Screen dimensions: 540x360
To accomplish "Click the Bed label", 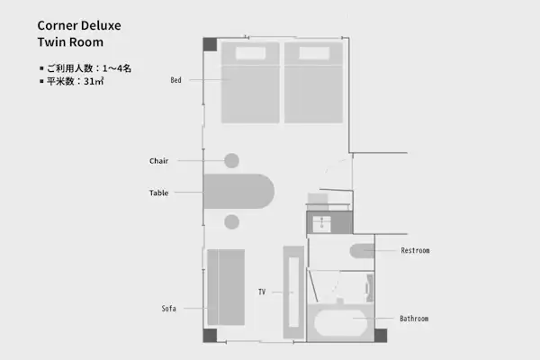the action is pyautogui.click(x=175, y=80).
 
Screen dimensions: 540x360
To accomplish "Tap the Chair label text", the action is pyautogui.click(x=158, y=161).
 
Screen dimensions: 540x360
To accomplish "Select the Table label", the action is pyautogui.click(x=158, y=193).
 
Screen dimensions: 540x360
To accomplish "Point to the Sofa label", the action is pyautogui.click(x=169, y=309).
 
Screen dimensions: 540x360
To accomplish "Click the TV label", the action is pyautogui.click(x=262, y=292).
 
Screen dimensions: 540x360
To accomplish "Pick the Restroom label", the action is pyautogui.click(x=415, y=250).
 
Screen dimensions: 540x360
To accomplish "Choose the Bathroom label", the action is pyautogui.click(x=414, y=319).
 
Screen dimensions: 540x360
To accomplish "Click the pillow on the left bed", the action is pyautogui.click(x=250, y=53).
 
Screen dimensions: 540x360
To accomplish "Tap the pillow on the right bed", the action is pyautogui.click(x=314, y=53).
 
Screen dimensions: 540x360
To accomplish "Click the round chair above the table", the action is pyautogui.click(x=232, y=160).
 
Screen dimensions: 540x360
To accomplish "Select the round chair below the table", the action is pyautogui.click(x=232, y=222).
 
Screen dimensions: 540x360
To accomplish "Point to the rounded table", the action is pyautogui.click(x=238, y=192).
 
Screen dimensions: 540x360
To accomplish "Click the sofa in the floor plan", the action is pyautogui.click(x=226, y=287).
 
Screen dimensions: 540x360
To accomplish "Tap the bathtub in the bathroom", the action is pyautogui.click(x=340, y=323).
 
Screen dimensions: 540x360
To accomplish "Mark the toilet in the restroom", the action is pyautogui.click(x=362, y=251).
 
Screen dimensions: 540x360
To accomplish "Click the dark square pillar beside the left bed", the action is pyautogui.click(x=210, y=44).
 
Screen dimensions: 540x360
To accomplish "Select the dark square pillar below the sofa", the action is pyautogui.click(x=210, y=336).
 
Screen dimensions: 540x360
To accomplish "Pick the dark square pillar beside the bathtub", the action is pyautogui.click(x=381, y=336).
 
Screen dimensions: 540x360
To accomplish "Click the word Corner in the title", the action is pyautogui.click(x=58, y=25).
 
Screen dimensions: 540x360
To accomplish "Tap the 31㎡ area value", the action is pyautogui.click(x=94, y=81).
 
